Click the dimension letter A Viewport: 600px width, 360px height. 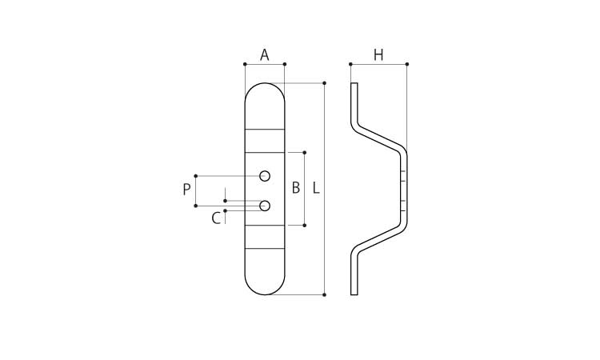coord(264,55)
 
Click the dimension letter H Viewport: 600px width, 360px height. coord(378,55)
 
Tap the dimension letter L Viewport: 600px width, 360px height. coord(316,189)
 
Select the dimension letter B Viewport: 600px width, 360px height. coord(295,189)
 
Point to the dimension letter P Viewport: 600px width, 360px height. coord(186,190)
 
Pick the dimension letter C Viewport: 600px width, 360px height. coord(216,218)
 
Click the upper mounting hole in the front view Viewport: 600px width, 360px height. coord(265,175)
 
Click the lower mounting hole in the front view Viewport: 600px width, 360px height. coord(265,206)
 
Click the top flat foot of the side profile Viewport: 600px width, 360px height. coord(354,100)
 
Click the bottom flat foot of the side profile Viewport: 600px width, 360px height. coord(354,276)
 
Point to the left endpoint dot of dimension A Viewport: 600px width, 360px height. coord(245,64)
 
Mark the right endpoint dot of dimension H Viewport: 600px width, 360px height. coord(407,64)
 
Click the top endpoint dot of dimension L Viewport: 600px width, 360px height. coord(324,83)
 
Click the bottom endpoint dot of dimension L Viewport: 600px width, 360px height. coord(324,294)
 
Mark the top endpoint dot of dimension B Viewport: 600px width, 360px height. coord(304,152)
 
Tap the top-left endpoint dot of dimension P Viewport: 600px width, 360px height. coord(196,175)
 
